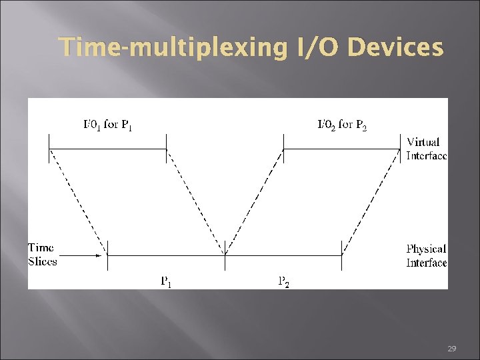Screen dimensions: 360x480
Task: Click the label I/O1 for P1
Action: tap(107, 124)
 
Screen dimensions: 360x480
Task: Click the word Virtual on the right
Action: tap(423, 142)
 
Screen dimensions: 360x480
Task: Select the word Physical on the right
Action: tap(426, 249)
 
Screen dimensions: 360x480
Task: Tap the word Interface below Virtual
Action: tap(427, 155)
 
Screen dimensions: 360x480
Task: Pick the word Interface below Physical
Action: tap(427, 263)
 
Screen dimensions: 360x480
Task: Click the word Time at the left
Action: tap(41, 248)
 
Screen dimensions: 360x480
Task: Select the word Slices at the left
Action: tap(43, 261)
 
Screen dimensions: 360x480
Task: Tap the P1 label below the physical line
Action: tap(166, 281)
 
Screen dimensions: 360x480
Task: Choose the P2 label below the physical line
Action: tap(283, 281)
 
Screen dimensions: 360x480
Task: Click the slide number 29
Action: tap(451, 349)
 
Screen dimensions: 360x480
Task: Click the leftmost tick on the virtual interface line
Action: tap(49, 148)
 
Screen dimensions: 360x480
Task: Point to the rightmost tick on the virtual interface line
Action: tap(401, 148)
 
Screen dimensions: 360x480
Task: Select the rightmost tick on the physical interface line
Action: tap(342, 255)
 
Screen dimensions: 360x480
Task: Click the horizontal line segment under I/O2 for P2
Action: tap(343, 148)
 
